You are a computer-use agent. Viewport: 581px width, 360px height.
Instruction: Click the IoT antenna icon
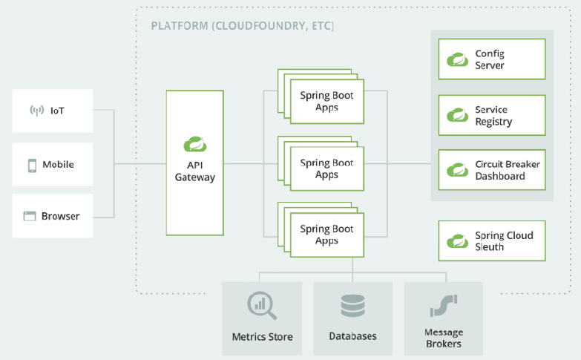tap(36, 111)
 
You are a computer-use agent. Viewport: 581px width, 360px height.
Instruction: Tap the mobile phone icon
tap(32, 166)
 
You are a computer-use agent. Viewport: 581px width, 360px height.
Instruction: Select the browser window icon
tap(30, 216)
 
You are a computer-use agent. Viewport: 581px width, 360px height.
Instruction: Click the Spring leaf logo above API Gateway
tap(195, 144)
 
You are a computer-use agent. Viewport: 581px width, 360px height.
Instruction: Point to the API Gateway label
tap(195, 171)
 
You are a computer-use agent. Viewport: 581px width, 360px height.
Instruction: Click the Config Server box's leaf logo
tap(457, 59)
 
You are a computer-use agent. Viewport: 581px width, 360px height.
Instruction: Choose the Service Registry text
tap(493, 116)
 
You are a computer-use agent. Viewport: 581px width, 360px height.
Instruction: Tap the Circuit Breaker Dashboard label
tap(508, 170)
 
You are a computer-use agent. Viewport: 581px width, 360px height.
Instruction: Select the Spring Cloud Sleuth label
tap(504, 241)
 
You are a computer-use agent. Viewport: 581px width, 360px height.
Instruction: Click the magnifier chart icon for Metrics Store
tap(262, 306)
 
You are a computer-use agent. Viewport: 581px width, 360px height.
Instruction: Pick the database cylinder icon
tap(352, 306)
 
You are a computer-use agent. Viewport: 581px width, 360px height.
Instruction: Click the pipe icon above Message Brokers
tap(444, 306)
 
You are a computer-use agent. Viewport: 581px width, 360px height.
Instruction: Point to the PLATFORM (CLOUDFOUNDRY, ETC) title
tap(243, 26)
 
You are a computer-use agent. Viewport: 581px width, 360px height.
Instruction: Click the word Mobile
tap(58, 164)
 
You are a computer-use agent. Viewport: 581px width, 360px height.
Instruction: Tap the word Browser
tap(60, 216)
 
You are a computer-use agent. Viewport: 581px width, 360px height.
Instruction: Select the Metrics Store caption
tap(263, 337)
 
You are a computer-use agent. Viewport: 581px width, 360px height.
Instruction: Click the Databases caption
tap(352, 336)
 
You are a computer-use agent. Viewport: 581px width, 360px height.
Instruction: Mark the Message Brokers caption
tap(444, 338)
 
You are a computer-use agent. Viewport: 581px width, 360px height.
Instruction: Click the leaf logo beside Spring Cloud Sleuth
tap(457, 241)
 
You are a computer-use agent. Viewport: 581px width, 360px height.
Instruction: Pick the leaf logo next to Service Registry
tap(457, 115)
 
